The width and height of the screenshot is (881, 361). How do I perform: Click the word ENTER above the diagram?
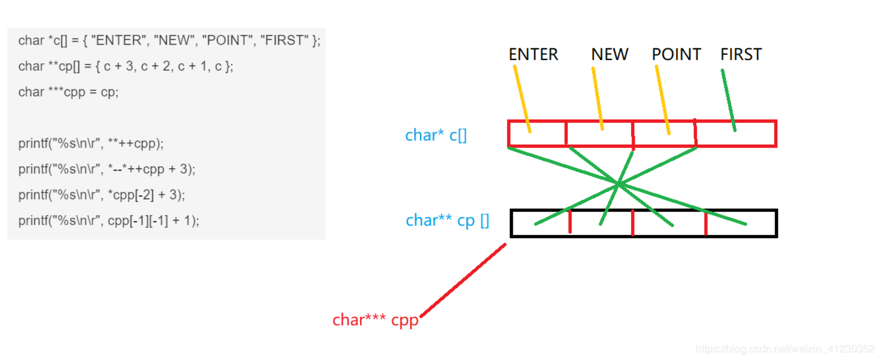(x=533, y=55)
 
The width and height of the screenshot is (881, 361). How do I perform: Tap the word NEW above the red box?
(x=609, y=55)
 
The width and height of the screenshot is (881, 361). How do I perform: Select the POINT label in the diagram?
(x=676, y=55)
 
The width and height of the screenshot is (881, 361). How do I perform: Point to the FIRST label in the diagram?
(x=741, y=55)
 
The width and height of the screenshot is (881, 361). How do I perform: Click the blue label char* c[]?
(x=436, y=135)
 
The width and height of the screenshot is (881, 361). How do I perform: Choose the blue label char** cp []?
(x=447, y=220)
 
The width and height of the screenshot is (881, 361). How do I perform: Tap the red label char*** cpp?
(x=375, y=320)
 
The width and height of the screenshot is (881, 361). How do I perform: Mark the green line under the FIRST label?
(x=728, y=100)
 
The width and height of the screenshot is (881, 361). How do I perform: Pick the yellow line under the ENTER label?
(x=522, y=99)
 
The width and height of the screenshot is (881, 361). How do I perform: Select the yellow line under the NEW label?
(x=598, y=99)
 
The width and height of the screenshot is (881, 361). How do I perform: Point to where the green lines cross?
(x=619, y=184)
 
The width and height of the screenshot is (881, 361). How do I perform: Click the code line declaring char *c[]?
(x=169, y=40)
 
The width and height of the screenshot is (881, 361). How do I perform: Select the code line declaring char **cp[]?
(x=126, y=66)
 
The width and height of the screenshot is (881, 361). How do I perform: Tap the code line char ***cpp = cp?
(x=69, y=92)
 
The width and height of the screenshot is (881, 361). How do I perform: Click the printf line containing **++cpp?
(x=91, y=144)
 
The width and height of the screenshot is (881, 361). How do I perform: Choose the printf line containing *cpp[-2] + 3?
(x=102, y=195)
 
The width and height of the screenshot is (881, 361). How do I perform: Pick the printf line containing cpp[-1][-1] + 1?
(x=109, y=221)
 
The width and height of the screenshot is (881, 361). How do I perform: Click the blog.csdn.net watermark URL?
(x=785, y=349)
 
